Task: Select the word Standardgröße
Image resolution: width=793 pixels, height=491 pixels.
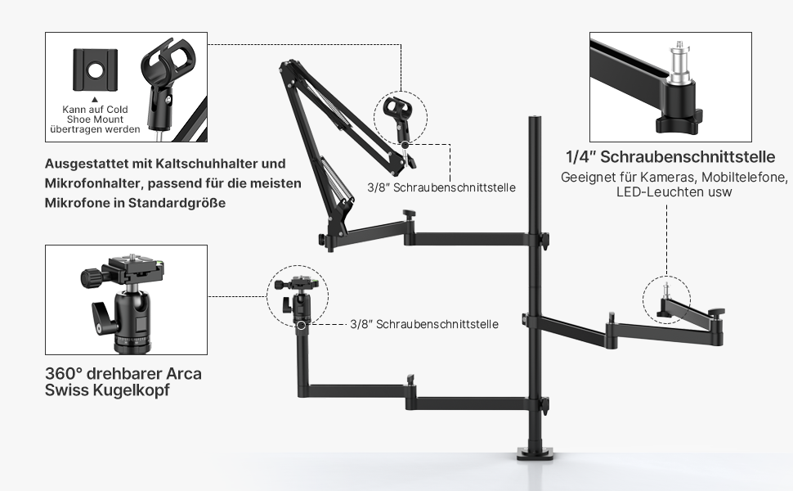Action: tap(177, 202)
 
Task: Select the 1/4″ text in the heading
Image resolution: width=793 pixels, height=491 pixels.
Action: tap(582, 156)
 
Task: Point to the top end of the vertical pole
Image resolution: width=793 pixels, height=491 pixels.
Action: tap(536, 120)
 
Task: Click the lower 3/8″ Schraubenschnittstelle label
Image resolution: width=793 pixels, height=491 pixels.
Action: tap(424, 324)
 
